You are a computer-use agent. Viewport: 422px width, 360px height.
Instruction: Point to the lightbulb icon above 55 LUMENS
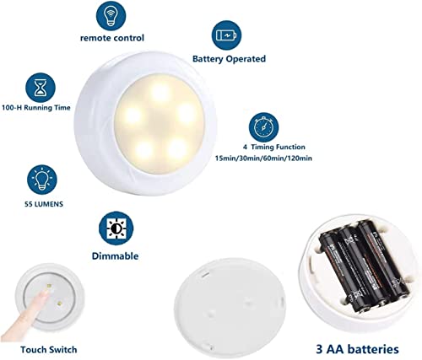40,180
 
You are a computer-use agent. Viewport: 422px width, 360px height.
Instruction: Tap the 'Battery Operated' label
229,59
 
